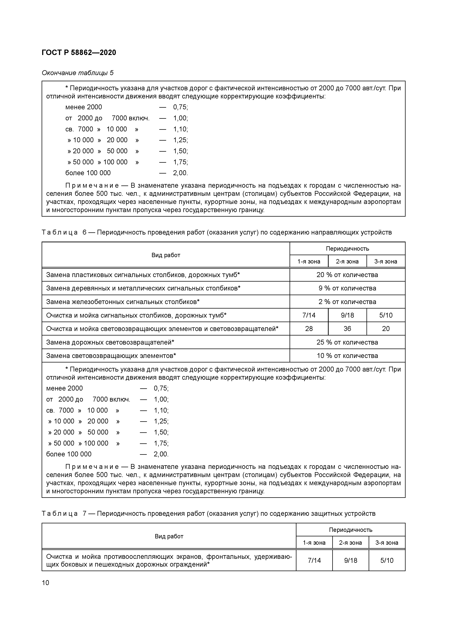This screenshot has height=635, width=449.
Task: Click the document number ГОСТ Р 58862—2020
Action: [x=79, y=52]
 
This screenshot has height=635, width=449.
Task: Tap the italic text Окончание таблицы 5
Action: [x=77, y=73]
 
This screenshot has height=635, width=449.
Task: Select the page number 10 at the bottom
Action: [x=45, y=583]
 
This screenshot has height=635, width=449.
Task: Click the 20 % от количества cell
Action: [x=347, y=275]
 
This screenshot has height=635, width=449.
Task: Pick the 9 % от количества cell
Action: [x=347, y=288]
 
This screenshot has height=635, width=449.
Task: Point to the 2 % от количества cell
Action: [x=347, y=302]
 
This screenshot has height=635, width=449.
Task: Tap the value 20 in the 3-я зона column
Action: [x=386, y=329]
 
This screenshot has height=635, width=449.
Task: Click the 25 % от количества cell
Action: [x=347, y=342]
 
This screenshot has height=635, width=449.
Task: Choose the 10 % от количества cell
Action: [x=347, y=356]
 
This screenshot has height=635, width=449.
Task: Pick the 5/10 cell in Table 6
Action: [x=386, y=315]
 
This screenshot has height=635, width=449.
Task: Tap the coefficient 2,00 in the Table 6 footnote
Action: [x=161, y=454]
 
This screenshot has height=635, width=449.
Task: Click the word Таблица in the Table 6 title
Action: [x=60, y=232]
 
